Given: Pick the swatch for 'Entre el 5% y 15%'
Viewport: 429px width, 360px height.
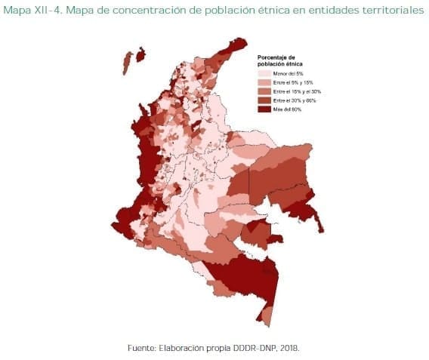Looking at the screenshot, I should (x=264, y=83).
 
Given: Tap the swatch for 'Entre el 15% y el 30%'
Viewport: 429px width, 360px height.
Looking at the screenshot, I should (x=264, y=91).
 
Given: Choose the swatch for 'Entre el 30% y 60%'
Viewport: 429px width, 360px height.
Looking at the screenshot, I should (x=264, y=100).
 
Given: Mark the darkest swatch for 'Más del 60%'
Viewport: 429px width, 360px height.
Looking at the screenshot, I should (x=264, y=109).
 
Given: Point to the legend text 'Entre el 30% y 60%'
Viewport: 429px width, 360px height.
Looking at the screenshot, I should (x=294, y=100).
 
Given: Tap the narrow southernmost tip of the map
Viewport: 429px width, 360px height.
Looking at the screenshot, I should (x=266, y=315).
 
